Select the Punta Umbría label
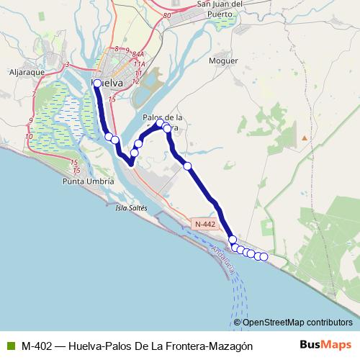coord(89,182)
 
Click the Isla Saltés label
coord(131,208)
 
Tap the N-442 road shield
coord(204,225)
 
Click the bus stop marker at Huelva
coord(97,84)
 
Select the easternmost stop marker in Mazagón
coord(264,257)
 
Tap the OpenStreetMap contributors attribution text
coord(297,322)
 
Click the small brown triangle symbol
coord(305,137)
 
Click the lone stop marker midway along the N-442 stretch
coord(188,166)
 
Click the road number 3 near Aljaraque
coord(66,66)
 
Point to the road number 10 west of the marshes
coord(29,135)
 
